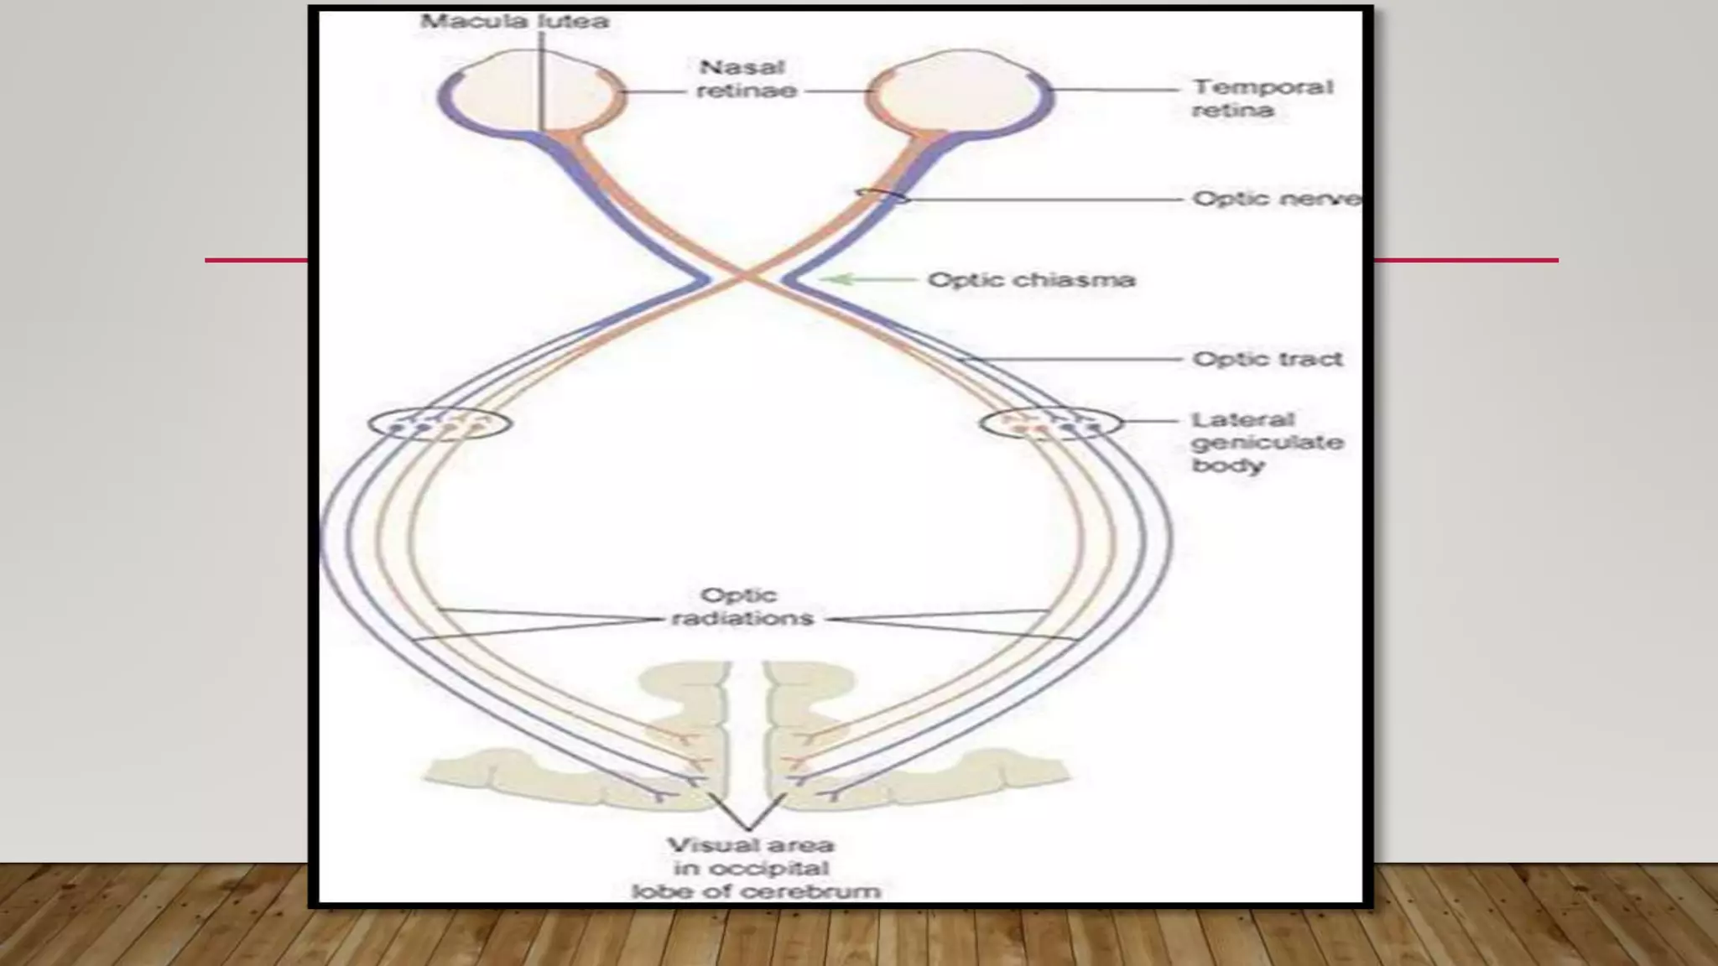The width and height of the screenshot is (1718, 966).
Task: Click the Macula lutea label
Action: pos(514,21)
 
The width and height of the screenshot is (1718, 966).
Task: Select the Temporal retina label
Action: pos(1262,98)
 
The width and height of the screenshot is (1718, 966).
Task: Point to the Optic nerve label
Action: pos(1275,199)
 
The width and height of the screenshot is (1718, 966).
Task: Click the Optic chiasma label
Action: pos(1031,279)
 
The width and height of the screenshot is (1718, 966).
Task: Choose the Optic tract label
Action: pos(1267,359)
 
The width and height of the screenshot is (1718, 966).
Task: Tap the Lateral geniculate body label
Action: pos(1267,442)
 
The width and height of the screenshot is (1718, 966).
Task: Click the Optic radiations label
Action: pos(742,607)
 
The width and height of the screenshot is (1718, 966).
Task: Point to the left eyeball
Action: pos(530,91)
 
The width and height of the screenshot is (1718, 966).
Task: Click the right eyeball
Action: pos(961,91)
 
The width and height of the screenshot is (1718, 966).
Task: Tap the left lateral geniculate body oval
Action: pos(440,423)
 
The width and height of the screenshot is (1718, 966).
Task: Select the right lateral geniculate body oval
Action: pos(1050,423)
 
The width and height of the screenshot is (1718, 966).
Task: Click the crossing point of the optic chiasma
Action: pos(743,277)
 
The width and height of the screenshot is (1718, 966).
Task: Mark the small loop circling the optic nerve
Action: pos(882,196)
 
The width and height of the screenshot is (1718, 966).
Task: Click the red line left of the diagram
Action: pos(256,261)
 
